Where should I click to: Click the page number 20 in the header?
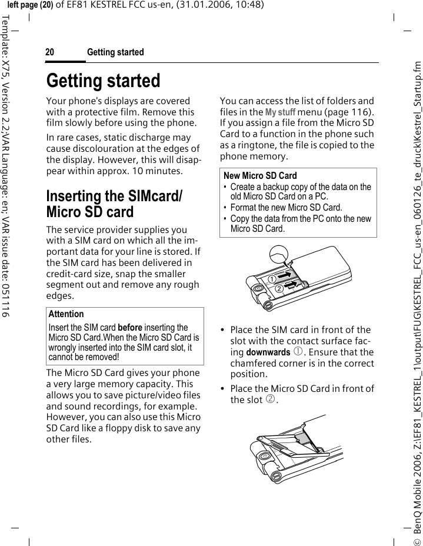click(x=50, y=52)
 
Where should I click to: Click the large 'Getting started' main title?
click(x=103, y=81)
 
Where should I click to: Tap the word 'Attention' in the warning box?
click(x=66, y=314)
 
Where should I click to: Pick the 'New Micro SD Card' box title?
click(x=260, y=175)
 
